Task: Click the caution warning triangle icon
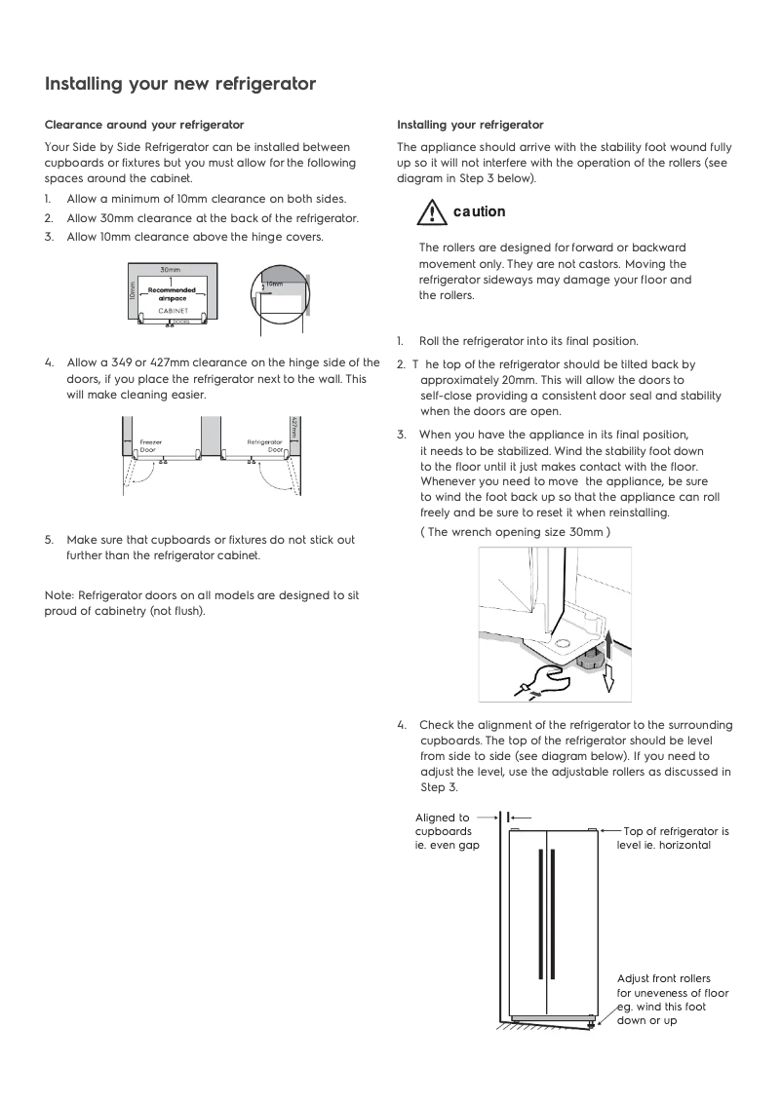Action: [x=425, y=211]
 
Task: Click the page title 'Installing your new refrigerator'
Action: [x=180, y=84]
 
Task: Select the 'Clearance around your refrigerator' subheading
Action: [x=144, y=125]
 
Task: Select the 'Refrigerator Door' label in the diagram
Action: [x=264, y=445]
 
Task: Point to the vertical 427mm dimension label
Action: [x=293, y=429]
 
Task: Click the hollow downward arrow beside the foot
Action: [x=607, y=678]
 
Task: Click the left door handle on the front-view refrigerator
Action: [x=539, y=912]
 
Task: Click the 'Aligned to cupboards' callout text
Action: [x=443, y=831]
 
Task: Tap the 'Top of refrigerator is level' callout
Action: [x=673, y=838]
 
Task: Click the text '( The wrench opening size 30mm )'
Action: [x=515, y=532]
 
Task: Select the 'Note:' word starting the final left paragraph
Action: [x=59, y=594]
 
